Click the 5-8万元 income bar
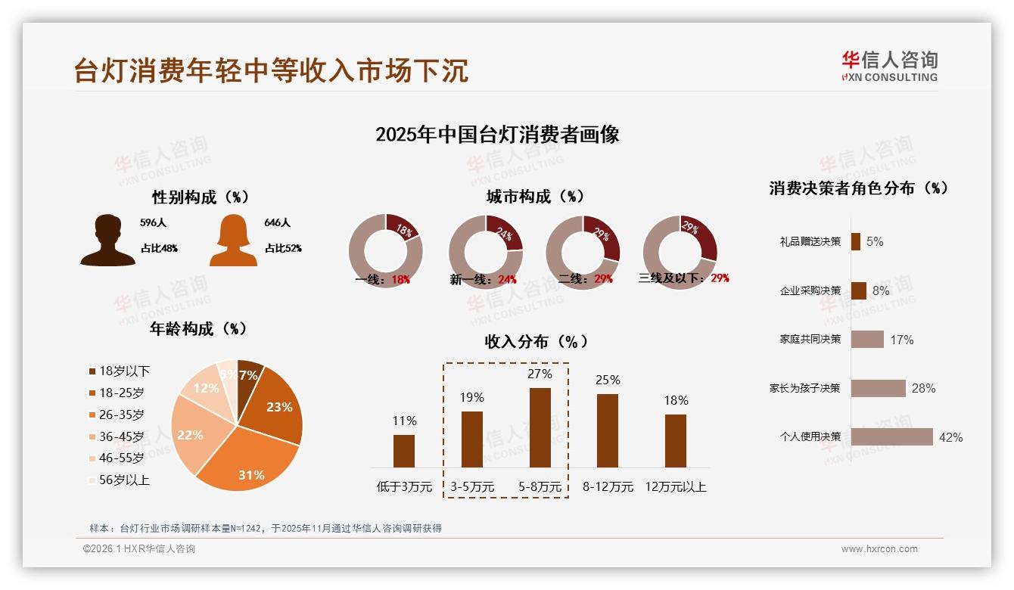click(x=540, y=427)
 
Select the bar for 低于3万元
click(x=404, y=451)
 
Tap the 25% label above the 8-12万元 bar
click(x=608, y=380)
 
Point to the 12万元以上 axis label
click(x=675, y=487)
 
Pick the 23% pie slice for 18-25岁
click(x=276, y=405)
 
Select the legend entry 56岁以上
click(x=119, y=480)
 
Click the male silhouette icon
click(x=108, y=241)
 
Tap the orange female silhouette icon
click(x=233, y=241)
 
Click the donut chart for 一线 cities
click(x=385, y=251)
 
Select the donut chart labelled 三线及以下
click(x=679, y=251)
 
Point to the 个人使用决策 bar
click(x=891, y=436)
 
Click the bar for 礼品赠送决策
click(x=856, y=241)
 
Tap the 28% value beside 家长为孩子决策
click(x=923, y=388)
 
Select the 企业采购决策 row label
click(x=810, y=290)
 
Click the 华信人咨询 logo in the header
click(x=889, y=66)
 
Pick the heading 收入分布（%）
click(x=536, y=341)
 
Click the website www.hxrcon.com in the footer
click(x=879, y=549)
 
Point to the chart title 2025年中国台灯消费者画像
click(x=497, y=135)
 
